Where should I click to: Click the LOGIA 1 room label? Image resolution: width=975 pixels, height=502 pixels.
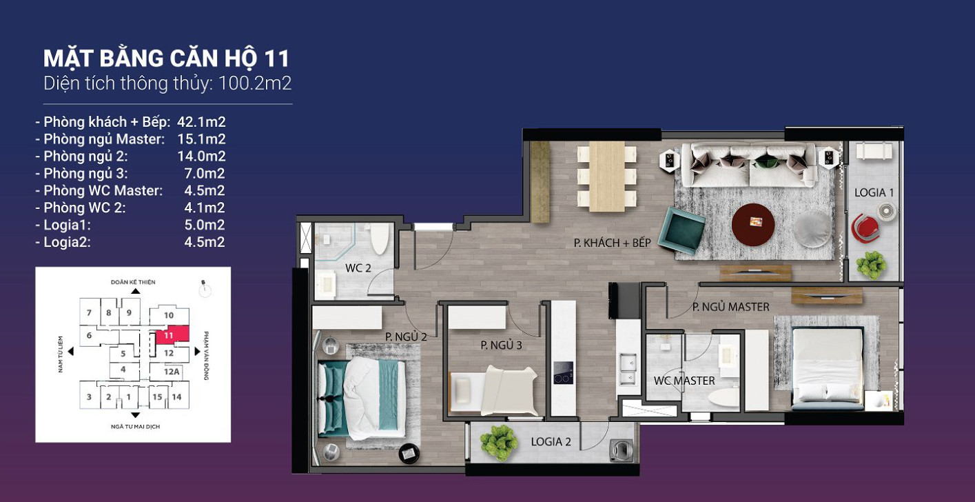coord(874,192)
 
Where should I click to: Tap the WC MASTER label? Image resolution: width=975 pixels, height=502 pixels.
coord(684,381)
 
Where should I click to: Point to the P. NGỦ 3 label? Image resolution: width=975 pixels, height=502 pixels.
coord(501,345)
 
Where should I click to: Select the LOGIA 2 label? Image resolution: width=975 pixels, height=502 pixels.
coord(551,442)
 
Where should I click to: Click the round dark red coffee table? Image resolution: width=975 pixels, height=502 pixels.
coord(753,225)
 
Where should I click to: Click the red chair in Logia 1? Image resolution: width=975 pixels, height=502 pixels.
coord(865,228)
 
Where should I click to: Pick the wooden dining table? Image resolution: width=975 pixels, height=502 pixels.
coord(607,176)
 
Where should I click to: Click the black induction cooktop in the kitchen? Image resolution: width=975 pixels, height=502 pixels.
coord(563,372)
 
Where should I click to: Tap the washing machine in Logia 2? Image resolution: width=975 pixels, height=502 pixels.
coord(622,450)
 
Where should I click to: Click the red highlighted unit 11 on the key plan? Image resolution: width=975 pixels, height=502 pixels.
coord(172,334)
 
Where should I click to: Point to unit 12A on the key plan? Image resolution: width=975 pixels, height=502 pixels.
coord(172,372)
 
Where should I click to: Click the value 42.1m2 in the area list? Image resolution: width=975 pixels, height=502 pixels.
coord(201,122)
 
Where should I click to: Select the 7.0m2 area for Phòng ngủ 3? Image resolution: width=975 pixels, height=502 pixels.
coord(204,174)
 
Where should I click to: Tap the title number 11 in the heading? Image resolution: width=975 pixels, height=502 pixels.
coord(276,59)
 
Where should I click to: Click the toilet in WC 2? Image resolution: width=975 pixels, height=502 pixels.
coord(379,239)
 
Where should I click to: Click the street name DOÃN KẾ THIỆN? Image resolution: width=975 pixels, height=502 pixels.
coord(133,283)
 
